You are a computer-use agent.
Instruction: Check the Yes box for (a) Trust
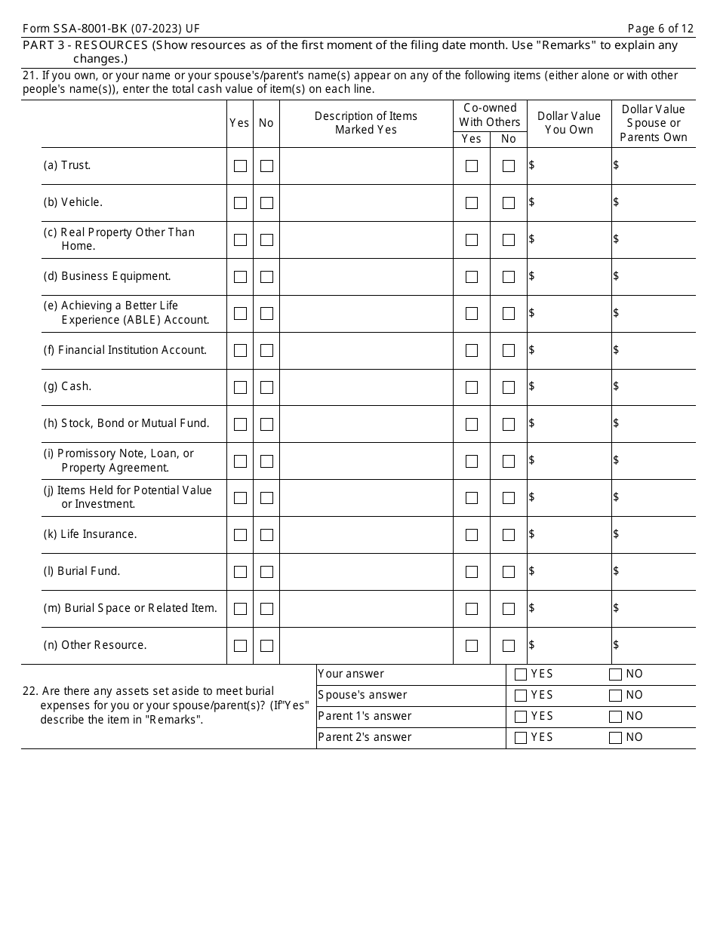coord(240,166)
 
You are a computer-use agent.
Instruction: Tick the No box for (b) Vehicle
coord(266,203)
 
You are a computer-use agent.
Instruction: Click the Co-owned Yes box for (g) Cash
coord(472,388)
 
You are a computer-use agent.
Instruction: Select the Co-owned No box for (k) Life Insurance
coord(509,536)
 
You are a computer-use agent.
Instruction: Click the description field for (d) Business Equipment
coord(366,277)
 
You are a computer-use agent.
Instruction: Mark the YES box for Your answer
coord(521,674)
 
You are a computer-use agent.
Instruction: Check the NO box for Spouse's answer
coord(615,696)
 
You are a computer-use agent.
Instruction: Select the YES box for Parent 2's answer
coord(521,738)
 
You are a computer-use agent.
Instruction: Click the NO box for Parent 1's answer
coord(615,717)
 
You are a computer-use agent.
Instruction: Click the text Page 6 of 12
coord(660,29)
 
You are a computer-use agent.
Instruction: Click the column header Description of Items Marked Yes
coord(366,123)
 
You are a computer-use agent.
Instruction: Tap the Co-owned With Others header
coord(490,115)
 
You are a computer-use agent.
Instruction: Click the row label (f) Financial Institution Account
coord(125,350)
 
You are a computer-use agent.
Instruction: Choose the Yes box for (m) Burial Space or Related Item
coord(240,609)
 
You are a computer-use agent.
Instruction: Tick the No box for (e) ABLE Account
coord(266,314)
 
